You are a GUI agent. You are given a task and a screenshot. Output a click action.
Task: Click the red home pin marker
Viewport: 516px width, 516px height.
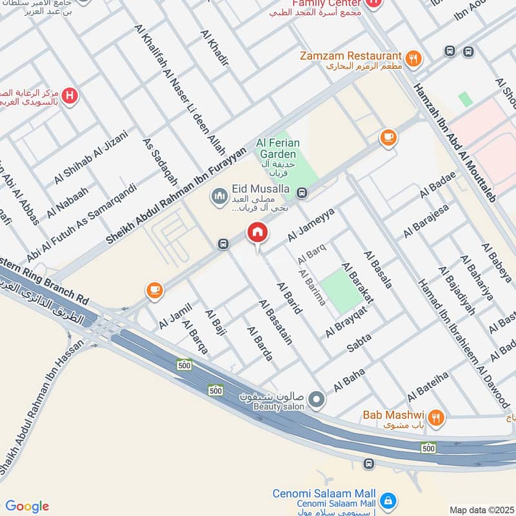(257, 233)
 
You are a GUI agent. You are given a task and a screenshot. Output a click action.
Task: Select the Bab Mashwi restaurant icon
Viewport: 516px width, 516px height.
(437, 418)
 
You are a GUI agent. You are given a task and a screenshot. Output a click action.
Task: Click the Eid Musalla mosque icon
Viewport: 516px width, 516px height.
(220, 193)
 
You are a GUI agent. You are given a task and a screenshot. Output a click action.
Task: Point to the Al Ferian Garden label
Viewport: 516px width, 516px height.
(277, 148)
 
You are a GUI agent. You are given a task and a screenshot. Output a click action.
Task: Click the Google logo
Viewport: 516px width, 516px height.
(27, 506)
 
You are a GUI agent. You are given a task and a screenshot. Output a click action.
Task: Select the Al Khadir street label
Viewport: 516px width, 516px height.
(215, 48)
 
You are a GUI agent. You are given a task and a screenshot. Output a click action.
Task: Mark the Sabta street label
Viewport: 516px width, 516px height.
(359, 342)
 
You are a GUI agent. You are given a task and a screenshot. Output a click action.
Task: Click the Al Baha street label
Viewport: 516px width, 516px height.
(349, 381)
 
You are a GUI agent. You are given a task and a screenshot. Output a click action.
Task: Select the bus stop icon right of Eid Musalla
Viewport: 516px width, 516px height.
(301, 192)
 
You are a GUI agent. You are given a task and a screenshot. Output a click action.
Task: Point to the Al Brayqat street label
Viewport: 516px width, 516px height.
(346, 321)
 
